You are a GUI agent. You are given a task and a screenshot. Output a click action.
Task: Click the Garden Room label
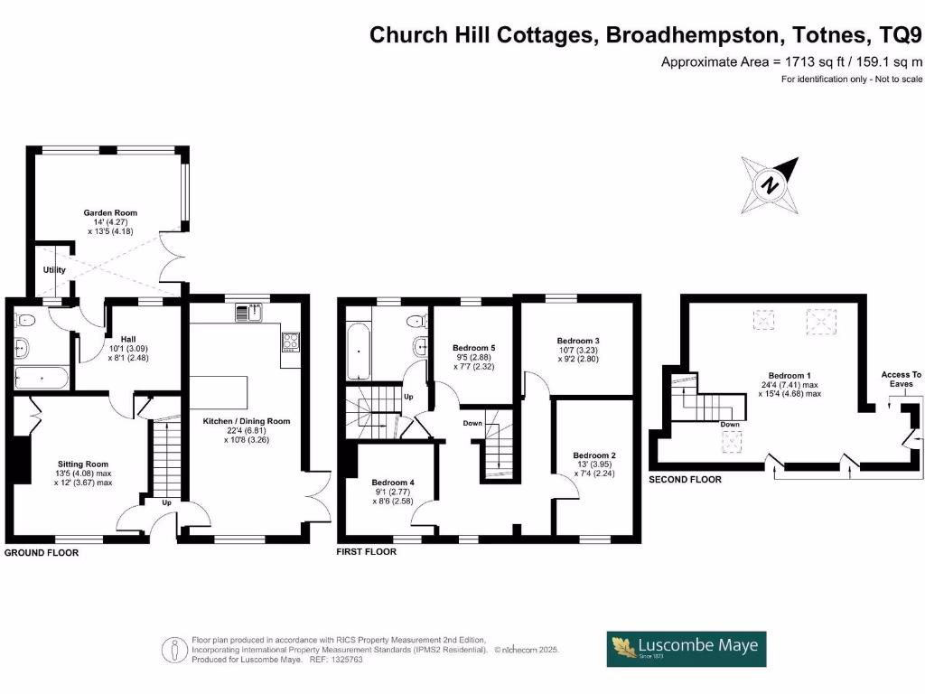111,213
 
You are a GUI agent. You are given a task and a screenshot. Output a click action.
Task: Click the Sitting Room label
82,464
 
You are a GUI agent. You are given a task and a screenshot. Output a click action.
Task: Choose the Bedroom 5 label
473,348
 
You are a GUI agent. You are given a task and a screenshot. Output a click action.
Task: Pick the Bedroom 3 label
579,342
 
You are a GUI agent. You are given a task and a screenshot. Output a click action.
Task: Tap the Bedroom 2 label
594,455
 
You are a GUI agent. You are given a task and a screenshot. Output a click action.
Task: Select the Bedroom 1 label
790,376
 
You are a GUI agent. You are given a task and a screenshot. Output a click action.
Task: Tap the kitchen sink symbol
248,314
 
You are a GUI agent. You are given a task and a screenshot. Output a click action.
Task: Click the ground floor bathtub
42,378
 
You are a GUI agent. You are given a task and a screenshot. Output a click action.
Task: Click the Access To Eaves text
901,379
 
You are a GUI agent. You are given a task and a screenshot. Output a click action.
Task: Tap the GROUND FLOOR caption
42,552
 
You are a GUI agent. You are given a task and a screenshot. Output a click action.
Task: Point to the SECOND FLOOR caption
685,479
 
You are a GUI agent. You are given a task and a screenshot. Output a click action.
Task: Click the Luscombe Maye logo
687,648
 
